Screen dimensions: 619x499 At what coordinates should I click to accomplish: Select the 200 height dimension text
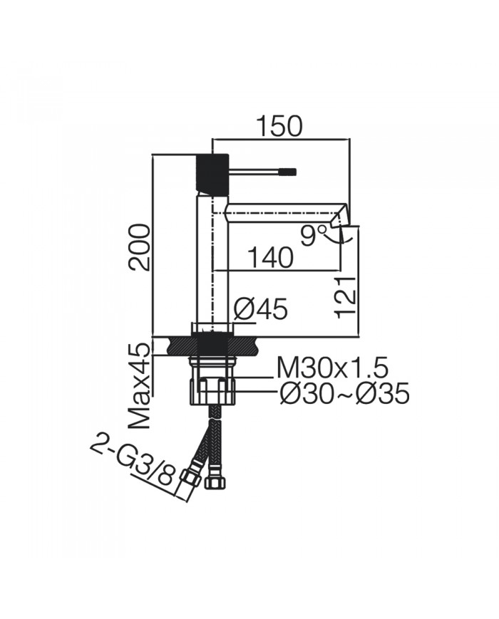140,246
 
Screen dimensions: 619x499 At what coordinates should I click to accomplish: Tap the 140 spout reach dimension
271,258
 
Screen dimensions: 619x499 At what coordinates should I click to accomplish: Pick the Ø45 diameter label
260,309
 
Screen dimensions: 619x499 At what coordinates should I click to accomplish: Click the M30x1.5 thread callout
332,368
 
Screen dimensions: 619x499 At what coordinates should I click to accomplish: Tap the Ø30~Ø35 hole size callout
344,393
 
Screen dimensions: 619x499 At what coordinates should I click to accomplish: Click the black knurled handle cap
212,172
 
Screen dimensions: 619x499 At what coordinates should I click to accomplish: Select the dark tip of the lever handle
289,171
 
